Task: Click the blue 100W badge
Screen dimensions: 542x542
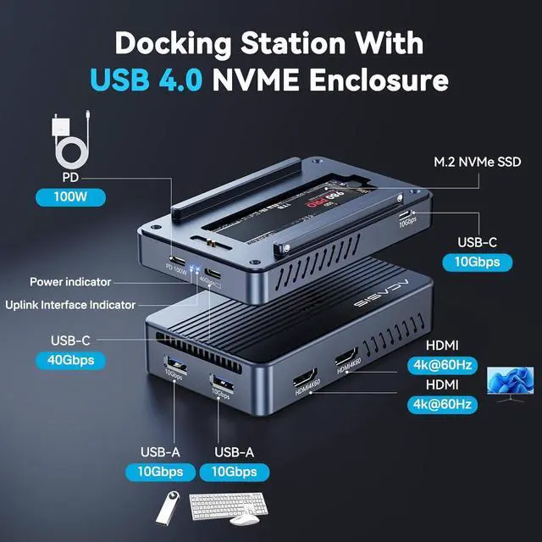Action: click(x=71, y=198)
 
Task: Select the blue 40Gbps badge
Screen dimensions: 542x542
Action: click(x=71, y=360)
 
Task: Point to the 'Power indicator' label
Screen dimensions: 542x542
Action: click(x=70, y=282)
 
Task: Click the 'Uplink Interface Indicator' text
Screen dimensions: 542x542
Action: click(x=70, y=304)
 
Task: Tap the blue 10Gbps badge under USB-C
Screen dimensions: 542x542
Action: click(x=482, y=262)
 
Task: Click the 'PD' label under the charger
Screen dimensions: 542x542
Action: click(x=71, y=178)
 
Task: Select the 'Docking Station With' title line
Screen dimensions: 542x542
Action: click(x=269, y=42)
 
